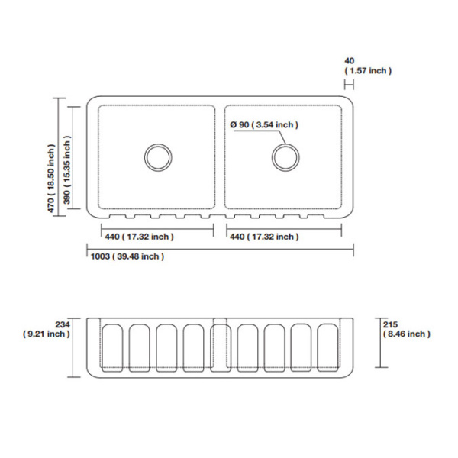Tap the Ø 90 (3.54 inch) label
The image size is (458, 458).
(264, 125)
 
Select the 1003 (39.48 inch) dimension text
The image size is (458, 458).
(127, 256)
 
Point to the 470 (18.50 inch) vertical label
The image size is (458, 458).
(51, 179)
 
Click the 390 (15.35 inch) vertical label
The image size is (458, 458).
(67, 169)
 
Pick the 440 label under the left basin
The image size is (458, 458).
(140, 237)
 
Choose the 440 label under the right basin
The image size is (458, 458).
(264, 237)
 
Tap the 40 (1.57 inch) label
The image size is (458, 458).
(368, 66)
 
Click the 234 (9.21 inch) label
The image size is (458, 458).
(47, 329)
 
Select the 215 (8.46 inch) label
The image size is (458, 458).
(407, 329)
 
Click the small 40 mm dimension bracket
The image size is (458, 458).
(349, 85)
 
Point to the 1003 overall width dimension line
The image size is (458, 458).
(221, 249)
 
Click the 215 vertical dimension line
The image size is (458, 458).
(380, 343)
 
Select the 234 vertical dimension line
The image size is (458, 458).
(73, 347)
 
